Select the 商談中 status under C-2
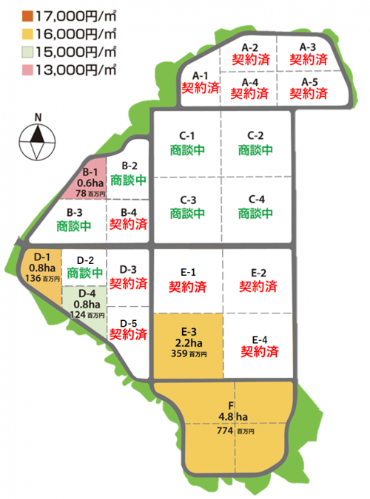pyautogui.click(x=255, y=149)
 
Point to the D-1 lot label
pyautogui.click(x=36, y=257)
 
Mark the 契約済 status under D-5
pyautogui.click(x=128, y=333)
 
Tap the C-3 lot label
pyautogui.click(x=187, y=200)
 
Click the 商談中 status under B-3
pyautogui.click(x=75, y=225)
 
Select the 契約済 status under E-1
pyautogui.click(x=187, y=285)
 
